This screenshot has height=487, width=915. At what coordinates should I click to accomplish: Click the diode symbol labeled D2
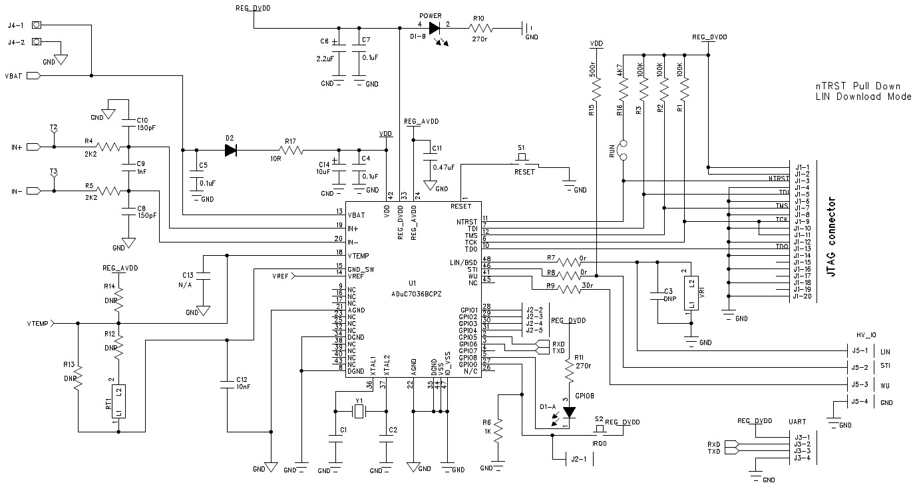coord(231,150)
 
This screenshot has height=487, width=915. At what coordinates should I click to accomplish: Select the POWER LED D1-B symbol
coord(435,28)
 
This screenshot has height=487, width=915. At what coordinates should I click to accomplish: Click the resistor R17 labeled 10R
coord(290,150)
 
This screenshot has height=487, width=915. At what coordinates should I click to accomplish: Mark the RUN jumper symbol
coord(624,151)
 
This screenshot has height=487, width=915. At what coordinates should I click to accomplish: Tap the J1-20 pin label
coord(801,296)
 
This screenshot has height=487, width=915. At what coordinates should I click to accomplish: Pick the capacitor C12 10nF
coord(228,383)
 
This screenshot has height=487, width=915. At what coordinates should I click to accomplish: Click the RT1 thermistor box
coord(118,402)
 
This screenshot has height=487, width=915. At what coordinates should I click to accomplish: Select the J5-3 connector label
coord(859,384)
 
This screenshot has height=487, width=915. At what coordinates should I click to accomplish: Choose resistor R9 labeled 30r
coord(570,289)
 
